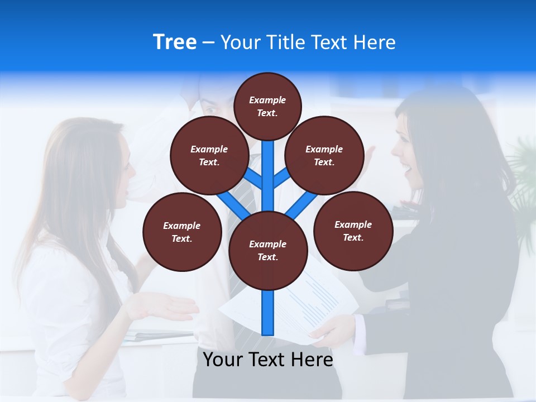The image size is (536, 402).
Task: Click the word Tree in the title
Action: [175, 42]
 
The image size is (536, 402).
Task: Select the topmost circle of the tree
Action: [267, 107]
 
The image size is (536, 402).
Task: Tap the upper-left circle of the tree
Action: [209, 156]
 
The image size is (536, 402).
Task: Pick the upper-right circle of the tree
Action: [324, 156]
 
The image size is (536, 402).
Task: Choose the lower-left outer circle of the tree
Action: [182, 232]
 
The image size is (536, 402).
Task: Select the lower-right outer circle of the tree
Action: [353, 231]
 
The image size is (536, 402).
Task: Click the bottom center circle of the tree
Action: [267, 251]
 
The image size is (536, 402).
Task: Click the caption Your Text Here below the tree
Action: [267, 360]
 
